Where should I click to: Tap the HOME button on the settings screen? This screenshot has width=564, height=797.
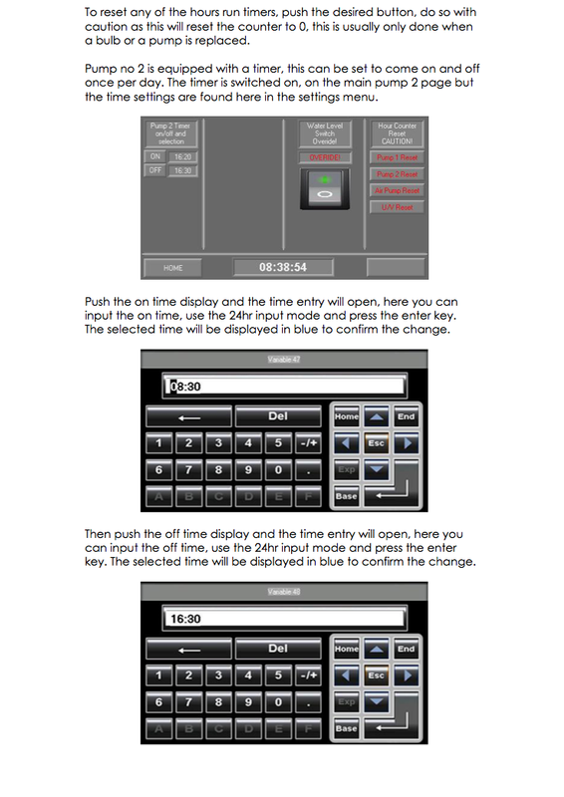172,267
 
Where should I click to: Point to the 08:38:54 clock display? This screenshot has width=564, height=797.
283,267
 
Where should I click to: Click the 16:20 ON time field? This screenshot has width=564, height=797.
181,156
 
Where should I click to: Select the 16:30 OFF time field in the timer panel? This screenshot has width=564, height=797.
181,171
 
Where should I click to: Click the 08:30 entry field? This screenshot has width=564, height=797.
284,387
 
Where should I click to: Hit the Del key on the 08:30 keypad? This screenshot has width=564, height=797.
278,416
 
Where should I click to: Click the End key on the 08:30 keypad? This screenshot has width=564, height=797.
406,416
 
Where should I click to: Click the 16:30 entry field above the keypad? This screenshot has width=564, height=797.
284,619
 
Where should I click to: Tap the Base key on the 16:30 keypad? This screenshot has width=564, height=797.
346,728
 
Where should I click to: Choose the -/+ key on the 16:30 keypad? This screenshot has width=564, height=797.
308,675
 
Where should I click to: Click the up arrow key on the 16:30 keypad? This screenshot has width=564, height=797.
376,649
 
